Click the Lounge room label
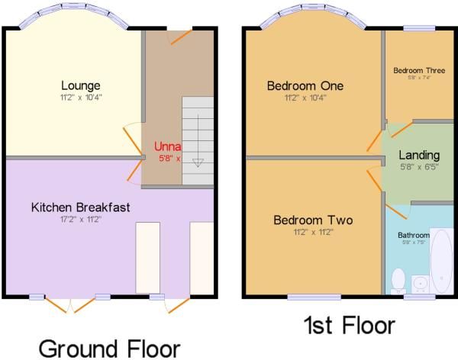tap(81, 85)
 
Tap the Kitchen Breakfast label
tap(81, 207)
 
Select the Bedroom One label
tap(305, 86)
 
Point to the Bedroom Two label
tap(313, 220)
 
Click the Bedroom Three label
tap(419, 70)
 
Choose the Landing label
tap(419, 156)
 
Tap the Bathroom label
tap(414, 235)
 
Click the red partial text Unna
tap(167, 146)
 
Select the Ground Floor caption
tap(109, 349)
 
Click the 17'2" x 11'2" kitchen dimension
tap(80, 219)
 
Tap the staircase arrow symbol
tap(198, 162)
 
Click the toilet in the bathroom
tap(398, 281)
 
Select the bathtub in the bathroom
tap(441, 261)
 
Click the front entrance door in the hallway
tap(180, 35)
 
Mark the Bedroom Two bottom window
tap(303, 296)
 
